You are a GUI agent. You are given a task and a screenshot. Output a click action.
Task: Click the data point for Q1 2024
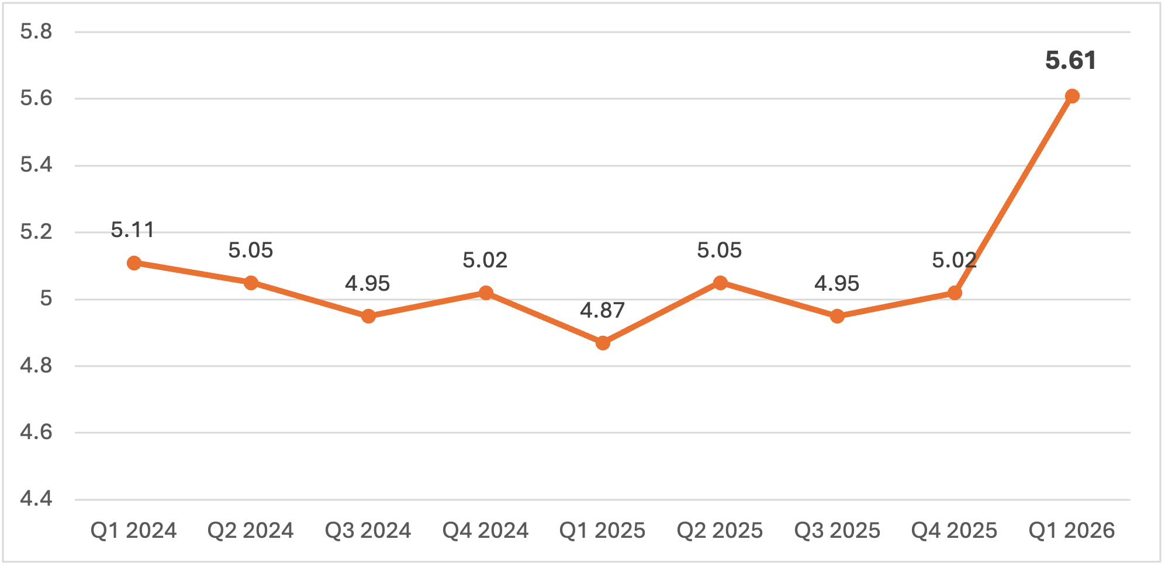(x=134, y=263)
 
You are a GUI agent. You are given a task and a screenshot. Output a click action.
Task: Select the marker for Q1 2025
(x=603, y=343)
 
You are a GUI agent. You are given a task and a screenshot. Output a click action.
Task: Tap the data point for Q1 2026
(x=1071, y=96)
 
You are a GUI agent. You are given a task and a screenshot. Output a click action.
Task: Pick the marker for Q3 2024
(x=368, y=316)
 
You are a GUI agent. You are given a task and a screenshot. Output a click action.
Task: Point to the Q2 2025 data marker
(x=720, y=283)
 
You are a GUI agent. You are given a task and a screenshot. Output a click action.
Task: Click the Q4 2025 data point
(x=955, y=293)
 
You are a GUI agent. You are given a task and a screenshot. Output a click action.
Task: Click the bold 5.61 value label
(x=1070, y=61)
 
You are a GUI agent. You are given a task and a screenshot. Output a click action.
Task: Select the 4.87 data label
(x=602, y=310)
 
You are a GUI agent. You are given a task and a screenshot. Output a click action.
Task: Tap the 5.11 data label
(x=133, y=230)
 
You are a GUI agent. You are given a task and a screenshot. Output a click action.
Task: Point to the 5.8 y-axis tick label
(x=36, y=32)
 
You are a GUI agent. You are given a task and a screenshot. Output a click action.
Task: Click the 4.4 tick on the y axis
(x=36, y=499)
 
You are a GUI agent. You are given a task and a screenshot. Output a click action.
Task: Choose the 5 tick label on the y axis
(x=46, y=298)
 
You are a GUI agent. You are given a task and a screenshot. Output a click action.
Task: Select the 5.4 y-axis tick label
(x=36, y=165)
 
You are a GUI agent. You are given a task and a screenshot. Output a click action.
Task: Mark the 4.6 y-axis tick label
(x=36, y=432)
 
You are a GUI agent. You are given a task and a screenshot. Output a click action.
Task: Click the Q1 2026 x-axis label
(x=1071, y=530)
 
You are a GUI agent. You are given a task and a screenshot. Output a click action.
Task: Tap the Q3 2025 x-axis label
(x=837, y=530)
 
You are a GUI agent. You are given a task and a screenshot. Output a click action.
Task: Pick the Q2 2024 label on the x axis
(x=251, y=530)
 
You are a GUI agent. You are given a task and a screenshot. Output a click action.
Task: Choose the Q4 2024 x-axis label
(x=485, y=530)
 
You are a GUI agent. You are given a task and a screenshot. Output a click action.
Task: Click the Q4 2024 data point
(x=486, y=293)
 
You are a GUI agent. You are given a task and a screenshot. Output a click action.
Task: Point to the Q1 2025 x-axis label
(x=602, y=530)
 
